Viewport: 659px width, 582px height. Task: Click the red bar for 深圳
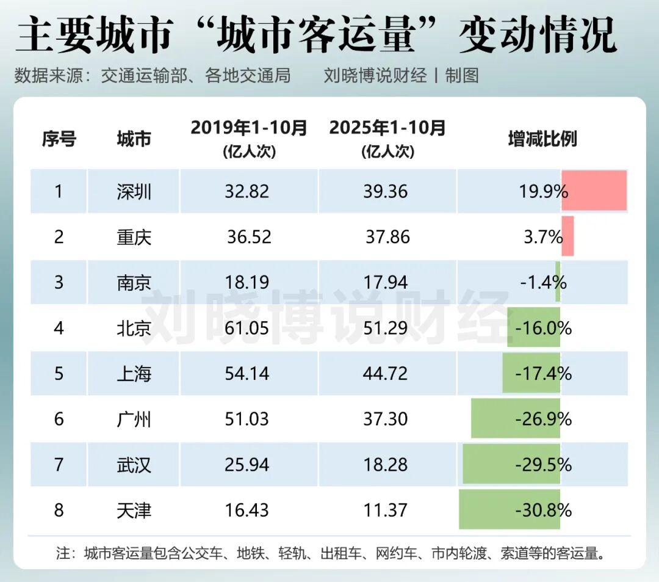coord(594,191)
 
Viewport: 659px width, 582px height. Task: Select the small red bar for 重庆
coord(567,236)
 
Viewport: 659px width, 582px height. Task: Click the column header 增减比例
coord(542,139)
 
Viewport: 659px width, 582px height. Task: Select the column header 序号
coord(59,139)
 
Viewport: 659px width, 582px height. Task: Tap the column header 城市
coord(134,139)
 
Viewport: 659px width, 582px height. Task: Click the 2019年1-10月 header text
coord(249,128)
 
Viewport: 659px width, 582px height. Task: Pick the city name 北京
coord(134,329)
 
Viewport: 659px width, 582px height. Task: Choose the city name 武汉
coord(134,465)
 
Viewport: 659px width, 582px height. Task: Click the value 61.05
coord(247,329)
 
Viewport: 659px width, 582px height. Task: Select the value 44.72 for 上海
coord(385,373)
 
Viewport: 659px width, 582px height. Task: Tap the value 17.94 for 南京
coord(385,283)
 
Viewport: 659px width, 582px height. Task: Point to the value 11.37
coord(385,510)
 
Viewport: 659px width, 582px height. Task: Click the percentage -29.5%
coord(543,465)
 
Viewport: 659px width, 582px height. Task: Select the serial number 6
coord(59,419)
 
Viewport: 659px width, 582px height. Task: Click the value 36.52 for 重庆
coord(249,237)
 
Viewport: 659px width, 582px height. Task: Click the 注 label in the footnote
coord(63,554)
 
